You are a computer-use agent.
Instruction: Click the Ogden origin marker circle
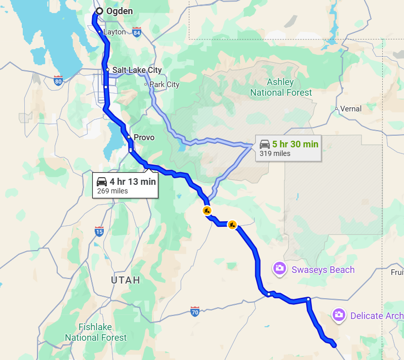99,11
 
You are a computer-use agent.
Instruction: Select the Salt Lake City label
137,70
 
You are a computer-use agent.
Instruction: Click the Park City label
164,85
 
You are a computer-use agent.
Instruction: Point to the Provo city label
144,137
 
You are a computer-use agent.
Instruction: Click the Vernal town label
351,108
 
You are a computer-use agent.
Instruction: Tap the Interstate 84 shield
137,33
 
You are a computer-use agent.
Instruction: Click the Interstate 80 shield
58,80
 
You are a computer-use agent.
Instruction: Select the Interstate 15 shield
99,232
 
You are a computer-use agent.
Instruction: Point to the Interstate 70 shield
195,311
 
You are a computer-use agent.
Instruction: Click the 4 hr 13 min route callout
126,185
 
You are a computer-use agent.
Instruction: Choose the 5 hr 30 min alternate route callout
288,148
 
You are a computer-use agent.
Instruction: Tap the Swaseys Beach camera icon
279,269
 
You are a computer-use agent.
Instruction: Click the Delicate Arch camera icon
338,315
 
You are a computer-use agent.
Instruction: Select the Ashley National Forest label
281,88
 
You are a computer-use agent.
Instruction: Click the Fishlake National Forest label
96,332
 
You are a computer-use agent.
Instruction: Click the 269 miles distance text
112,191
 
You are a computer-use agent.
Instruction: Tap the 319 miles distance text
275,153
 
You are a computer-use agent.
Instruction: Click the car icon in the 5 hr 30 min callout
264,144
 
